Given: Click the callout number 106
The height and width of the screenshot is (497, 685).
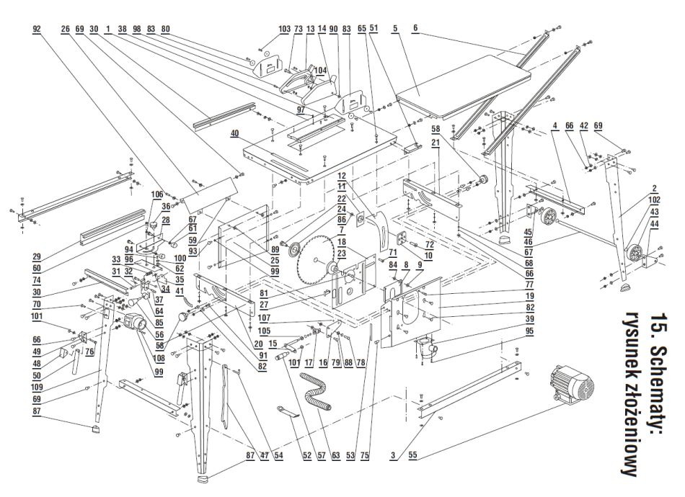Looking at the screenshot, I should click(157, 194).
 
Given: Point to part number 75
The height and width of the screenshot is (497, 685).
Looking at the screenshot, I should click(365, 456).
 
